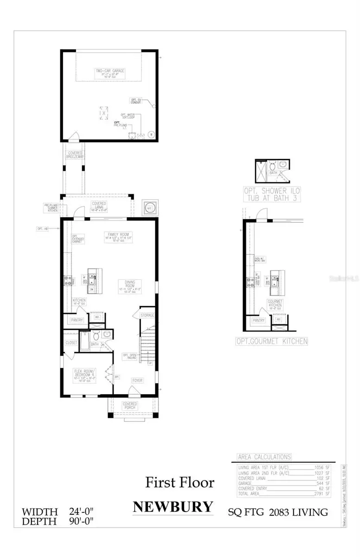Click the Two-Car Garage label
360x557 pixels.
110,71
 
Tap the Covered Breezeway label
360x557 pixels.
75,155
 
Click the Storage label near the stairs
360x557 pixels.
148,315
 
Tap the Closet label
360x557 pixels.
71,342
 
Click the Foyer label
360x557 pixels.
137,380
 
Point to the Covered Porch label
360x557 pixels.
129,406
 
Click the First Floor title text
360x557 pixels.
180,482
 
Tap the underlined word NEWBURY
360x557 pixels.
173,506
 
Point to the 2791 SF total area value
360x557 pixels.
322,494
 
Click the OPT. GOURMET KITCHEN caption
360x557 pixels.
276,341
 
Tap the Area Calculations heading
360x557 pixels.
264,457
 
